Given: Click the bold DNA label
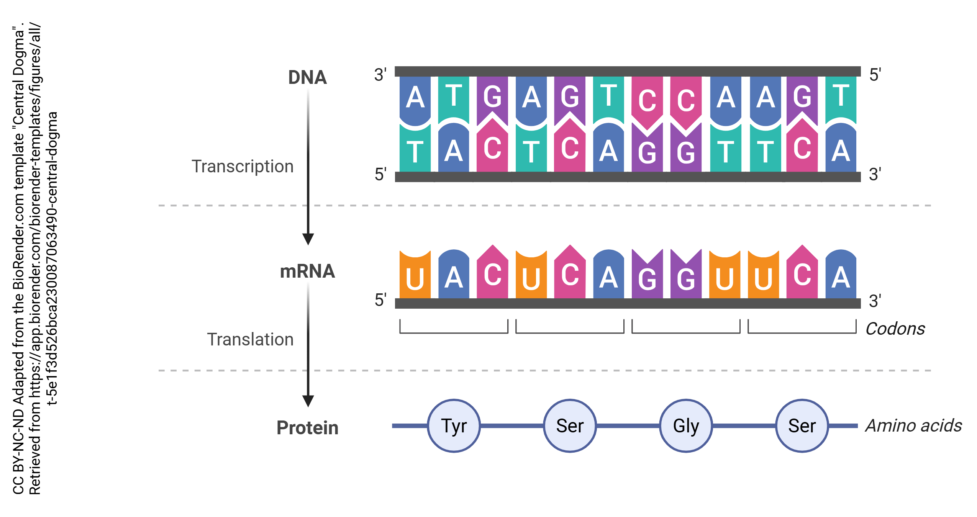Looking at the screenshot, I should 307,77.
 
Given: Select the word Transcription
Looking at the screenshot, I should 243,167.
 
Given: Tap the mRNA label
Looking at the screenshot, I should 307,272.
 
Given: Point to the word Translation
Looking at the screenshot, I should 250,340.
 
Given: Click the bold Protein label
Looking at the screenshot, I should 307,428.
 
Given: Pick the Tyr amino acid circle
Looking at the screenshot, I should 454,426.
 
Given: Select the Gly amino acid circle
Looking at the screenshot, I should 686,426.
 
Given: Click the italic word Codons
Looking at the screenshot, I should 895,329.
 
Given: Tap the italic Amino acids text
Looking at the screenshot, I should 914,426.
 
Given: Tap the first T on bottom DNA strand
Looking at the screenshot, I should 415,151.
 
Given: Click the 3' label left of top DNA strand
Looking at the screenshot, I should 380,75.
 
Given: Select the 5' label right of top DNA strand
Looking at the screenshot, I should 875,75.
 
